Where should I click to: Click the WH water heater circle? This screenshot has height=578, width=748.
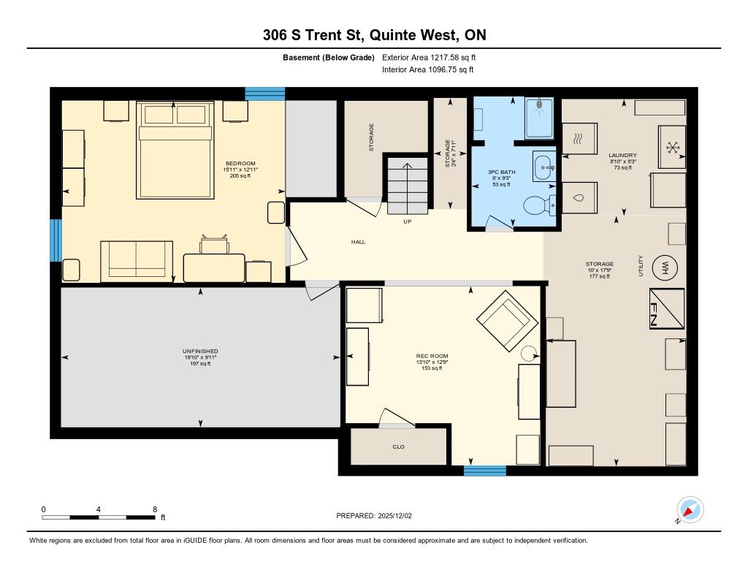point(665,267)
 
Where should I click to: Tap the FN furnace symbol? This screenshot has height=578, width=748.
point(667,308)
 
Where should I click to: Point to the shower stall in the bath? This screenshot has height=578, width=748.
point(540,118)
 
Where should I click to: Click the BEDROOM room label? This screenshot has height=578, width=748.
point(240,163)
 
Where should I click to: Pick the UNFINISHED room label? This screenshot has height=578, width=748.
point(200,351)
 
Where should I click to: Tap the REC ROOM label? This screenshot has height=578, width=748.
point(432,356)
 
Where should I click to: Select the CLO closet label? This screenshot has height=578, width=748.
point(398,446)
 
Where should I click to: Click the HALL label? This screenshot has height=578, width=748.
point(358,242)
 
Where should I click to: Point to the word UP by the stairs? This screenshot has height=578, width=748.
point(408,221)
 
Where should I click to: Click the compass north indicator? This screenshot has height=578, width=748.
point(690,510)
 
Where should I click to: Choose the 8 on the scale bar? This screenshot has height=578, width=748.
point(155,509)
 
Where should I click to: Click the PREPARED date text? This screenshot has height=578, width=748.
point(374,515)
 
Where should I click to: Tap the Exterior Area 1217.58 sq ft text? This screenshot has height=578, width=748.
point(429,57)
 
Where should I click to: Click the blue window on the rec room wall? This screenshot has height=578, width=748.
point(485,471)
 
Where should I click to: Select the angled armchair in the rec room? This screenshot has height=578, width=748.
point(507,321)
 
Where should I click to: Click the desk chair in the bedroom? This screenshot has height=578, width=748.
point(214,244)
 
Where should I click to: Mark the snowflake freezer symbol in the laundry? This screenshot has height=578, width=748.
point(673,148)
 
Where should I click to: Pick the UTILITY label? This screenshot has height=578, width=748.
point(640,266)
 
